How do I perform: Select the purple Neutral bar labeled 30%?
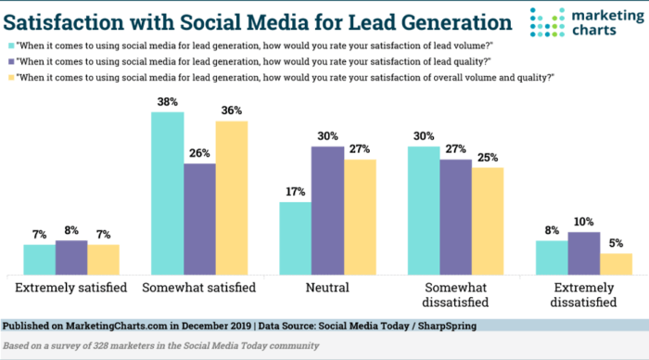coord(327,210)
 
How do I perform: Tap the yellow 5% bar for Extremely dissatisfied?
coord(615,264)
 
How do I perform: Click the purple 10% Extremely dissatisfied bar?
coord(582,252)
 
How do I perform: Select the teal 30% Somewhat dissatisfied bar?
coord(424,210)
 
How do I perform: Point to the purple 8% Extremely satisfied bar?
coord(70,257)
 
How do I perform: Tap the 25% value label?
coord(487,158)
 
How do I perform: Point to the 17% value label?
coord(295,192)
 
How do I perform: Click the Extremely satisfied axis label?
coord(70,289)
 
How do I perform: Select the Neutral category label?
coord(327,289)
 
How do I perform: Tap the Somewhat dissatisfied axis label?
coord(455,295)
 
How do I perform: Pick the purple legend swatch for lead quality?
coord(11,60)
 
